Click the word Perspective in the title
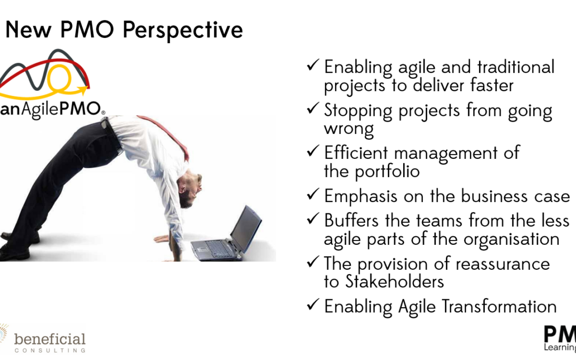coord(182,30)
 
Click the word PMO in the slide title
coord(87,29)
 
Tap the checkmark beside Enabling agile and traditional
coord(313,65)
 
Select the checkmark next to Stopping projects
coord(313,108)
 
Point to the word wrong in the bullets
coord(349,129)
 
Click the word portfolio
coord(387,172)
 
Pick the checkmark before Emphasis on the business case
coord(313,194)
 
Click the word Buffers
coord(351,220)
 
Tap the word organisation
coord(511,239)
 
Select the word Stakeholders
coord(395,282)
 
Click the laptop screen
coord(246,228)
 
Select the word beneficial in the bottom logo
coord(50,339)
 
